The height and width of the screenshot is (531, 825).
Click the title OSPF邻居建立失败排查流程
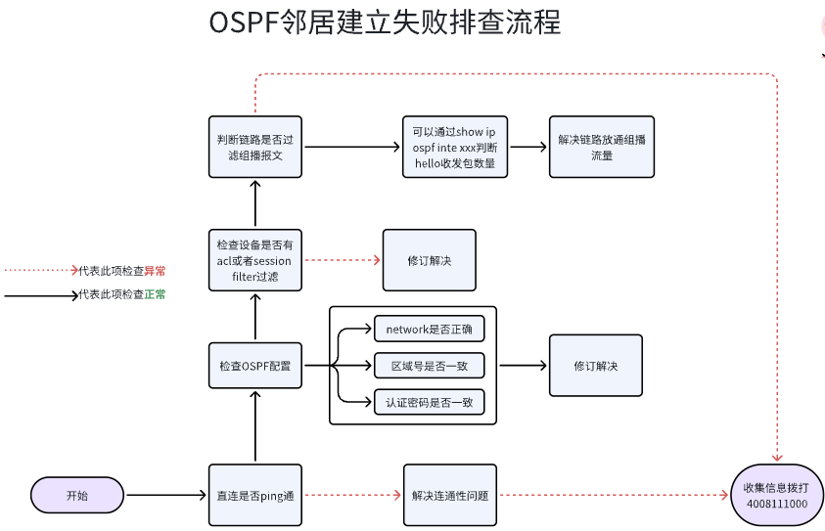pos(385,23)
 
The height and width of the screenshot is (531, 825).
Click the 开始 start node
pos(77,496)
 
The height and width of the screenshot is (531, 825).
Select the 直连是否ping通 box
pos(255,496)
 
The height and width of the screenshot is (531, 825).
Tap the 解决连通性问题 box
pos(449,496)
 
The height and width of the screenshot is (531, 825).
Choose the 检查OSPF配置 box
pos(255,366)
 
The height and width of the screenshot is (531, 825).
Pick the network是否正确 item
pos(429,331)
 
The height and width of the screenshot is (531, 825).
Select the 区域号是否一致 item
pos(429,366)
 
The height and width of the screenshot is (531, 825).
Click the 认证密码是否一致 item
pos(429,401)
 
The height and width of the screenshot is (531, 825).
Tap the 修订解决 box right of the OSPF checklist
pos(595,366)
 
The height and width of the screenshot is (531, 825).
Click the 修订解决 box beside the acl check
pos(429,261)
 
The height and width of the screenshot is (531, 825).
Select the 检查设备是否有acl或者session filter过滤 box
pos(255,261)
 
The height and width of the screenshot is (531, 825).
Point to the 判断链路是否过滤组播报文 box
pos(255,147)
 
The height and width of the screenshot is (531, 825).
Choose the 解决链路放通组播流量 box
pos(595,147)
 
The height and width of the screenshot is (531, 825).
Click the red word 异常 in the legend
pos(155,271)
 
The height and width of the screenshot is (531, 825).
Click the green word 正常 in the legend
pos(155,294)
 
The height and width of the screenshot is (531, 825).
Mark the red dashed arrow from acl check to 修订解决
pos(342,261)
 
